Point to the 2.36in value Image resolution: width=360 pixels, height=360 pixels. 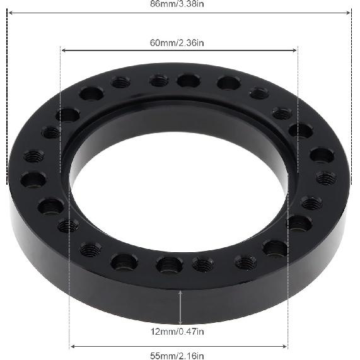(x=192, y=43)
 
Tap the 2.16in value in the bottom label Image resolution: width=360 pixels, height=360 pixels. (x=192, y=356)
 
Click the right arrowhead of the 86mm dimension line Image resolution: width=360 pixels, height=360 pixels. (x=351, y=11)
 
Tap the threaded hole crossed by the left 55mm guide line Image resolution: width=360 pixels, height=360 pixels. (x=68, y=225)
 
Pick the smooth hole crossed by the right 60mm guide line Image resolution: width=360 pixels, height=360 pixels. (x=300, y=131)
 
